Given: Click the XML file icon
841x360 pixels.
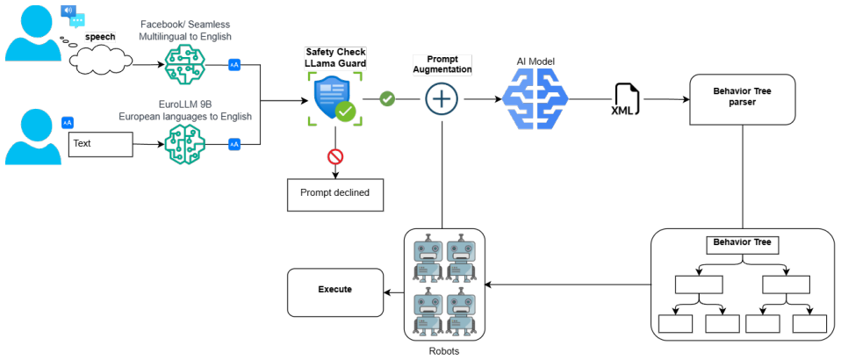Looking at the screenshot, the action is tap(625, 100).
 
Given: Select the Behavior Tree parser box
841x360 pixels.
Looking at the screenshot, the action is tap(743, 100).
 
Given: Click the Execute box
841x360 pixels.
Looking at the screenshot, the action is tap(335, 292).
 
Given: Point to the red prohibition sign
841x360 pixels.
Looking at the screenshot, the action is tap(335, 156).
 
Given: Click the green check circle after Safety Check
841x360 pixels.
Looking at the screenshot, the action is tap(387, 99).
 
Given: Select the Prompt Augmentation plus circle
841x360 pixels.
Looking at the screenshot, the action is tap(442, 99).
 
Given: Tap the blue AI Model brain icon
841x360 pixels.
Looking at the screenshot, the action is tap(536, 100).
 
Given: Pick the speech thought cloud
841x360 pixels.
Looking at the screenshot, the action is tap(101, 59).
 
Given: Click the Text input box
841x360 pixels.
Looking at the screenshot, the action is tap(100, 144).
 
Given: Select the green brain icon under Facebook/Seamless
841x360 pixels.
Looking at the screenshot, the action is tap(185, 65).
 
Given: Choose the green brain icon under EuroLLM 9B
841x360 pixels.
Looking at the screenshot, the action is tap(185, 144).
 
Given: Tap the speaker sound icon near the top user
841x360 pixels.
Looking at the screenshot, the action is tap(68, 11).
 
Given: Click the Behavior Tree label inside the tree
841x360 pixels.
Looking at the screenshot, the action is tap(743, 242).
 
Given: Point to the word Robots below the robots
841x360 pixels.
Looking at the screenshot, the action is tap(444, 351).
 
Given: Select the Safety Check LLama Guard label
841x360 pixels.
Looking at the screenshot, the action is tap(335, 58).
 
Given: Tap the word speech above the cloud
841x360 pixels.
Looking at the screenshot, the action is tap(100, 38).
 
